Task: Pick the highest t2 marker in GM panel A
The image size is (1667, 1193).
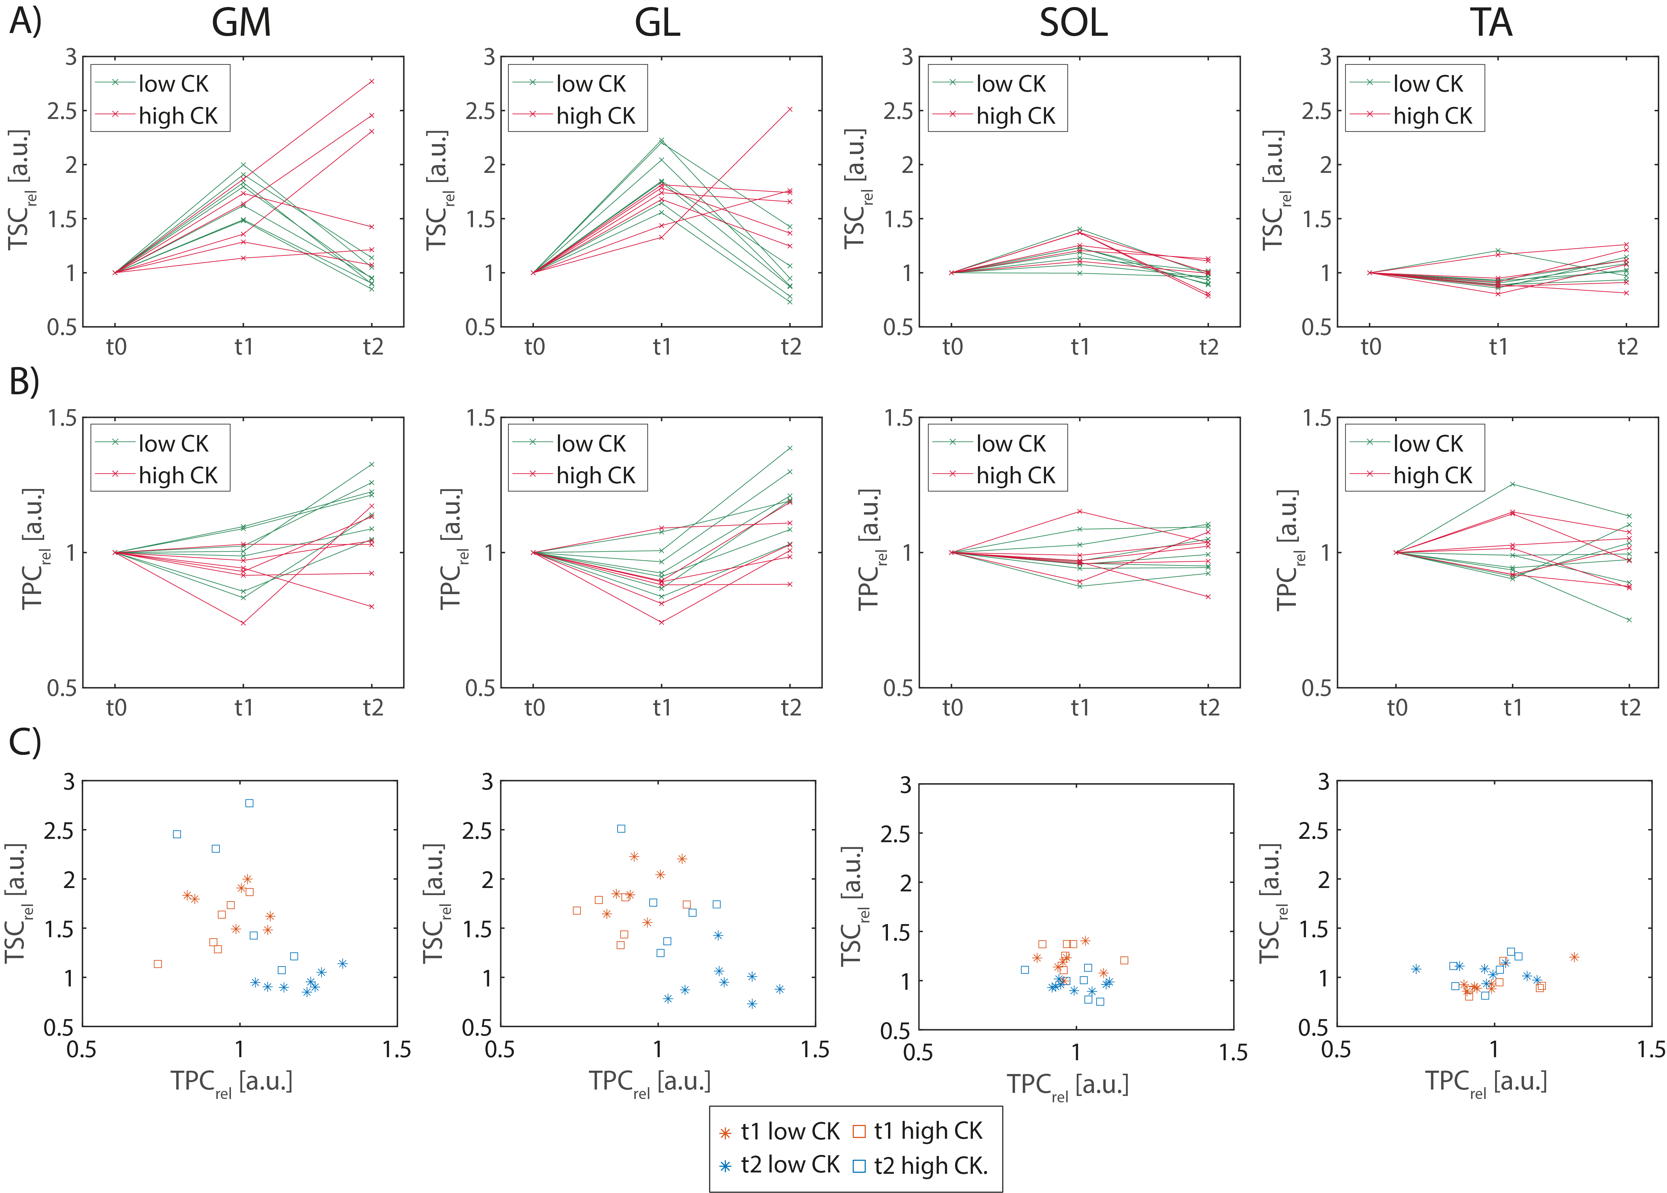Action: click(372, 82)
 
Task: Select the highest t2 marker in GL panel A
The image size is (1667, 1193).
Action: click(790, 110)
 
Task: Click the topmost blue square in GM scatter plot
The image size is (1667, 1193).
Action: click(249, 803)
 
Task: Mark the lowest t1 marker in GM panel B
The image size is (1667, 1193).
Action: click(243, 623)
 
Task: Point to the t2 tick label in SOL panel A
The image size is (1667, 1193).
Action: click(1209, 347)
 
